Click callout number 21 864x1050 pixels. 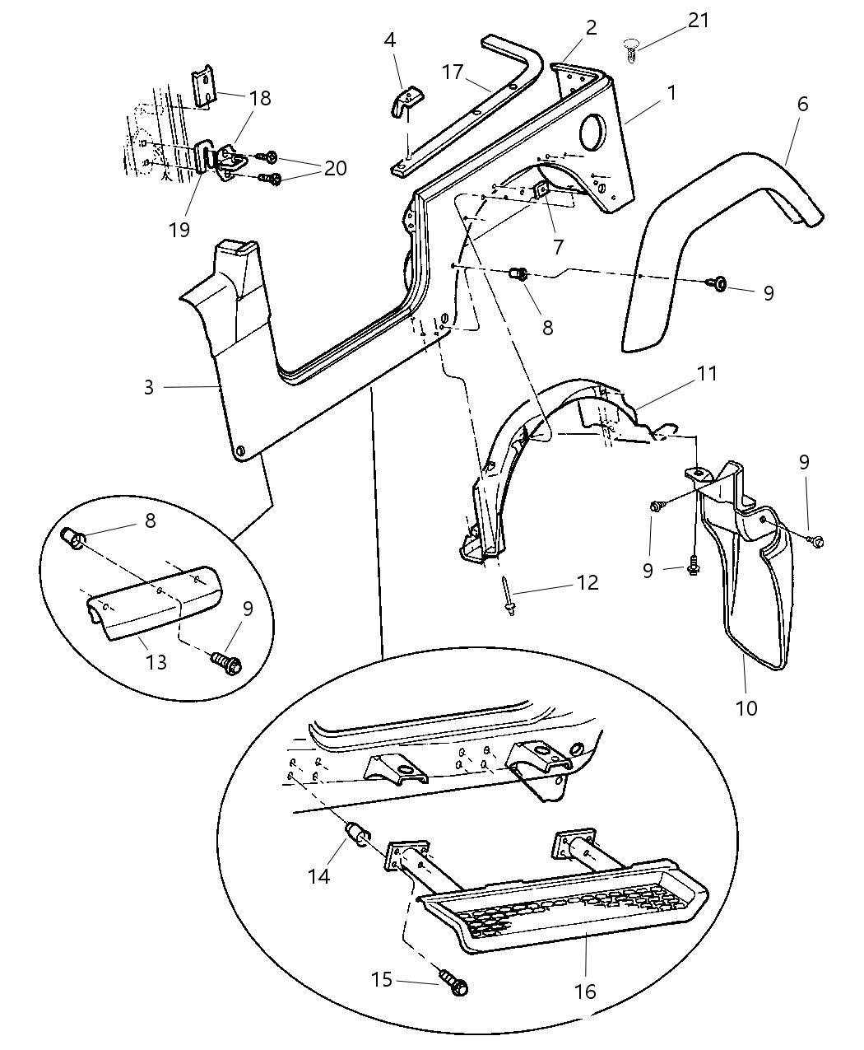coord(699,21)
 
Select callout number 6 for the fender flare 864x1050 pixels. coord(802,104)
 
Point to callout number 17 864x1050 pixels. coord(453,72)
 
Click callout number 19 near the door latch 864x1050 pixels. coord(179,229)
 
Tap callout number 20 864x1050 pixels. coord(335,167)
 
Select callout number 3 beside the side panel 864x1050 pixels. coord(148,387)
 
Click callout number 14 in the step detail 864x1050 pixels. coord(319,875)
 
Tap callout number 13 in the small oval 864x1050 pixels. coord(156,661)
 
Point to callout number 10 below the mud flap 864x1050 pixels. coord(746,707)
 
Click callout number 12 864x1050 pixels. coord(588,583)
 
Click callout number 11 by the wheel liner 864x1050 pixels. coord(706,373)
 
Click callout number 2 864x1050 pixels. coord(591,27)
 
